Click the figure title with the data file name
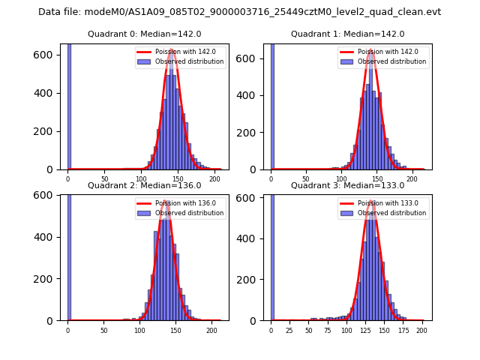pyautogui.click(x=239, y=12)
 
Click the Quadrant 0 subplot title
pyautogui.click(x=145, y=34)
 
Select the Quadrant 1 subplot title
pyautogui.click(x=347, y=34)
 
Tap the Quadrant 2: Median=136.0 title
pyautogui.click(x=145, y=185)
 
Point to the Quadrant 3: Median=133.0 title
pyautogui.click(x=347, y=185)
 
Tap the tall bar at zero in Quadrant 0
pyautogui.click(x=69, y=105)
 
